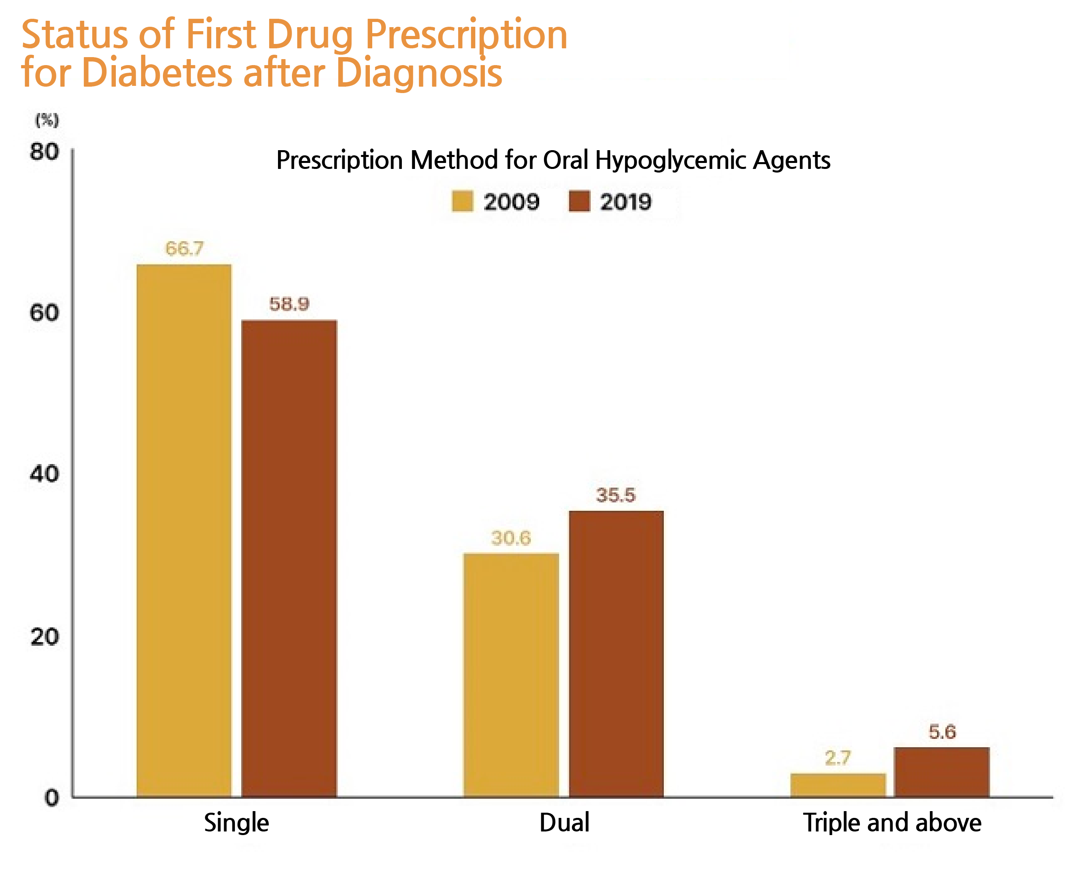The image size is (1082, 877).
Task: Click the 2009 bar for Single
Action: tap(184, 530)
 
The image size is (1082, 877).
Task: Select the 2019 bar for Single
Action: tap(289, 558)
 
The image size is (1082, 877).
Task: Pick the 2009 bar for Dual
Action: tap(511, 675)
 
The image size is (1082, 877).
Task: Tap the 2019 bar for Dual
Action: tap(616, 654)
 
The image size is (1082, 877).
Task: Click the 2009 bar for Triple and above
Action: tap(838, 785)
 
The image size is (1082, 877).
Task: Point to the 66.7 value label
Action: tap(185, 248)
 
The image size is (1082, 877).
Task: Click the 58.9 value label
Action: tap(289, 304)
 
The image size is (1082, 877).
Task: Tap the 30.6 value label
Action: tap(511, 538)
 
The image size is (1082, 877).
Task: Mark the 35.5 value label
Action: tap(616, 495)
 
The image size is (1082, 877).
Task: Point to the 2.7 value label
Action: tap(838, 758)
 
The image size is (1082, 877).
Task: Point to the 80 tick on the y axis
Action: tap(44, 151)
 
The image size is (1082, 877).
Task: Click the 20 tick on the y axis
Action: tap(44, 637)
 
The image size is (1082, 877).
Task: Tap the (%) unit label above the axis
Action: tap(46, 120)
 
